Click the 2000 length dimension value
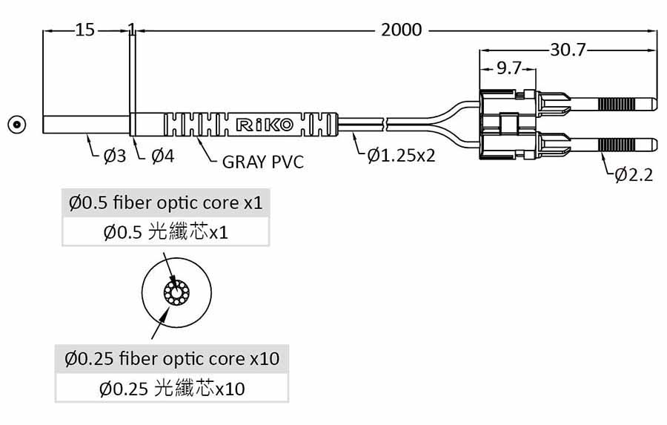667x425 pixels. pyautogui.click(x=401, y=30)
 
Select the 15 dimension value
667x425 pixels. pyautogui.click(x=84, y=30)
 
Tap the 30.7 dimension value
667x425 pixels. pyautogui.click(x=568, y=50)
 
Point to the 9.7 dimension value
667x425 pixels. pyautogui.click(x=508, y=68)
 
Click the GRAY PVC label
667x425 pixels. pyautogui.click(x=263, y=162)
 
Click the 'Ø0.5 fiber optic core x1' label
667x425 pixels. pyautogui.click(x=165, y=202)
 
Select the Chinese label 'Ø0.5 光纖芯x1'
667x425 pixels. pyautogui.click(x=165, y=233)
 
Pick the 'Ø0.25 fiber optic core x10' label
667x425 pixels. pyautogui.click(x=172, y=359)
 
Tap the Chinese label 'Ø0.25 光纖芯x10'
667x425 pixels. pyautogui.click(x=172, y=388)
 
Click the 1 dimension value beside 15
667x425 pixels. pyautogui.click(x=131, y=30)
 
